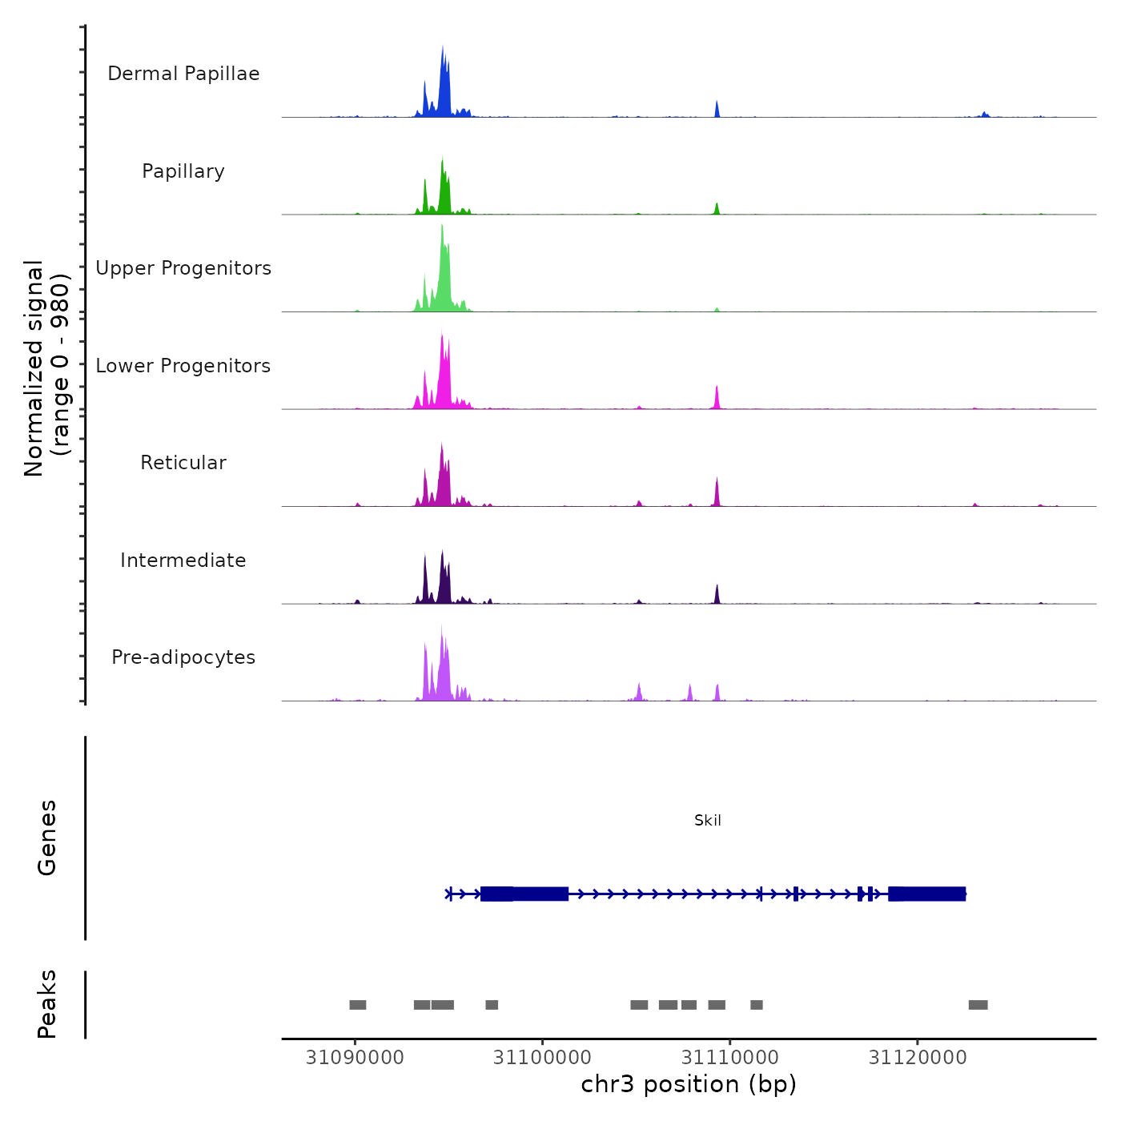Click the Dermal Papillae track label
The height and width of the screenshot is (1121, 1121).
point(183,74)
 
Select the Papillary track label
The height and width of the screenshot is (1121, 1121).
point(183,171)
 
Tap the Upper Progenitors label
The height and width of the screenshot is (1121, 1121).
point(183,268)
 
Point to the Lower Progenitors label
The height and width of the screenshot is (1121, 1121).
point(183,366)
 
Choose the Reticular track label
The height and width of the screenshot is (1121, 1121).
point(183,463)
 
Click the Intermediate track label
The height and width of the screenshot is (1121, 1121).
point(183,560)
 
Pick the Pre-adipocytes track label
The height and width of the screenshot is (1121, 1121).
point(183,657)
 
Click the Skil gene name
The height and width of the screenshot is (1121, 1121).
point(708,821)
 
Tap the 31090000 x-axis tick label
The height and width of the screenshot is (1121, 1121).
point(355,1058)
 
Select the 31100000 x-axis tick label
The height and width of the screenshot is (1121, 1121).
point(542,1058)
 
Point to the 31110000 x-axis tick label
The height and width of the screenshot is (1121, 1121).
point(730,1058)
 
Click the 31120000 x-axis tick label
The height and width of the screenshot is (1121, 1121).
point(918,1058)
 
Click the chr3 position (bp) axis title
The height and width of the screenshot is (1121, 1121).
point(689,1084)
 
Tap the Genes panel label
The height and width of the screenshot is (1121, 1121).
point(47,838)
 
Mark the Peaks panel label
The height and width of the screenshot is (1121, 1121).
point(47,1004)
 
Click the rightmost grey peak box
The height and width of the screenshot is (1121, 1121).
point(978,1005)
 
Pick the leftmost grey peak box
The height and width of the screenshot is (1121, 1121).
point(358,1005)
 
